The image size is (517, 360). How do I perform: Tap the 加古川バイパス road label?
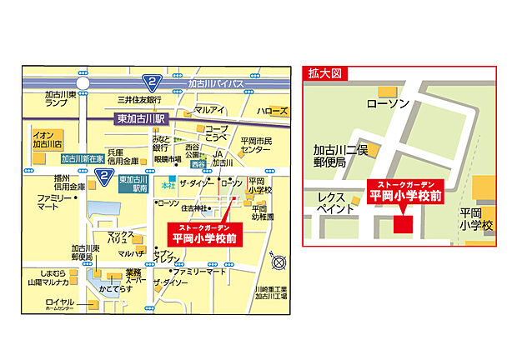(x=216, y=84)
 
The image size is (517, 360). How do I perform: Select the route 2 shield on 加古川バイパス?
(x=152, y=82)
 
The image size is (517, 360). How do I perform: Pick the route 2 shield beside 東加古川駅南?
(x=104, y=176)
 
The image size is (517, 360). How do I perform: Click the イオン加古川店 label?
(x=46, y=138)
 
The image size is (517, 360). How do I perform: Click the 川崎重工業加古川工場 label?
(x=271, y=292)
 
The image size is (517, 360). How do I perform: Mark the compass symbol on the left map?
(x=281, y=262)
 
